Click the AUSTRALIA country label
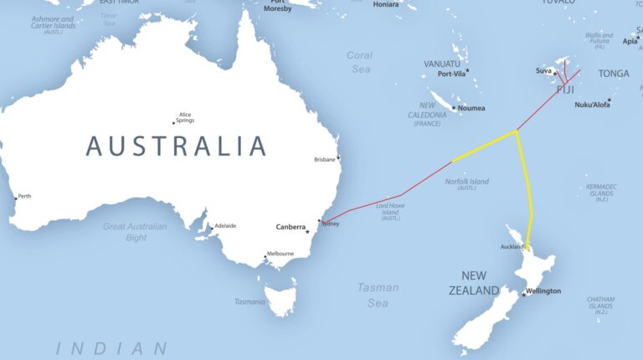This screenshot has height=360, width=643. pos(176,146)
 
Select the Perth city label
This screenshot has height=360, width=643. pos(24,196)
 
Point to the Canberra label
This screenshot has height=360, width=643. pos(291,227)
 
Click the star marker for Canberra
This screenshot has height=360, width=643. pos(307,232)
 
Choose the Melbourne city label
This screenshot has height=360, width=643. pos(280,254)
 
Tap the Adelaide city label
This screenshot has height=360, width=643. pos(225,225)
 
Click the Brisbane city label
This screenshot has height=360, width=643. pos(324,159)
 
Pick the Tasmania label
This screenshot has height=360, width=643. pos(249,301)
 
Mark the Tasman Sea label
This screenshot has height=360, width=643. pos(378,295)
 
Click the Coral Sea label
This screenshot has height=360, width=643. pos(359,62)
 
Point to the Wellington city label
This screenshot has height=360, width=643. pos(544,291)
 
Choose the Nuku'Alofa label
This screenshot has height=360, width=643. pos(590,105)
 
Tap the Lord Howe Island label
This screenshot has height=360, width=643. pos(391,211)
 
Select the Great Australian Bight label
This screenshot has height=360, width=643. pos(135,232)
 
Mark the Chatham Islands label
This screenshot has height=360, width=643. pos(600,305)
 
